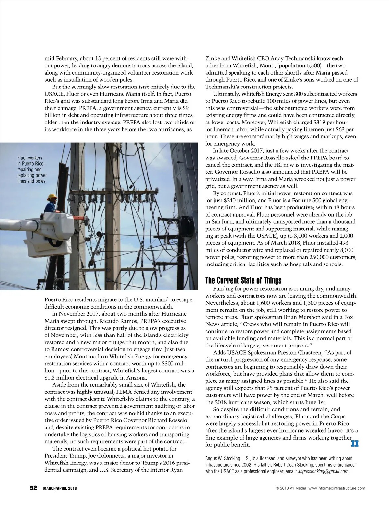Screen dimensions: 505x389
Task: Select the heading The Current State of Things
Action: pos(243,280)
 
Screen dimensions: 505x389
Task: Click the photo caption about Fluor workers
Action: pos(32,170)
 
